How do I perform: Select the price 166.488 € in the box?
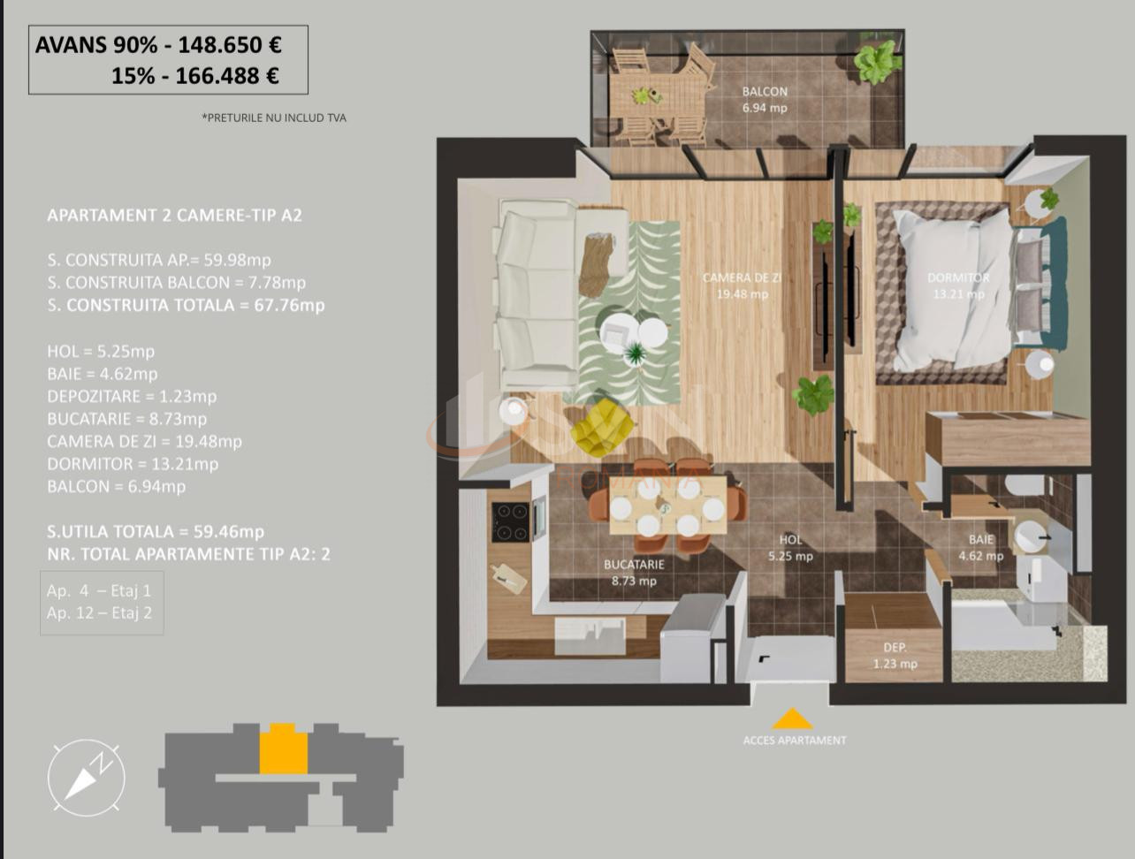(227, 76)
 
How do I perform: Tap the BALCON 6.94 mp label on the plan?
(765, 100)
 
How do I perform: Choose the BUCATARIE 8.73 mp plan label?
(634, 572)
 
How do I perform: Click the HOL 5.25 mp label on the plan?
(790, 548)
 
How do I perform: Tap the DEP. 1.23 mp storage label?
(895, 656)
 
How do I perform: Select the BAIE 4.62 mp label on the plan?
(981, 548)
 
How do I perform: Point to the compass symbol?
(86, 778)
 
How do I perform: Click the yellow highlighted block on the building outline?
(283, 749)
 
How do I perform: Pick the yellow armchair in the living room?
(602, 428)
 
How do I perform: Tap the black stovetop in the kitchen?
(510, 521)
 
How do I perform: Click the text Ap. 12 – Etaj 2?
(99, 613)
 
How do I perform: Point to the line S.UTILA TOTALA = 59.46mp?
(156, 532)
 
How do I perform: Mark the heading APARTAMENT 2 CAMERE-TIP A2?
(174, 216)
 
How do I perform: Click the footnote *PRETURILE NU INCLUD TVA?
(274, 118)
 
